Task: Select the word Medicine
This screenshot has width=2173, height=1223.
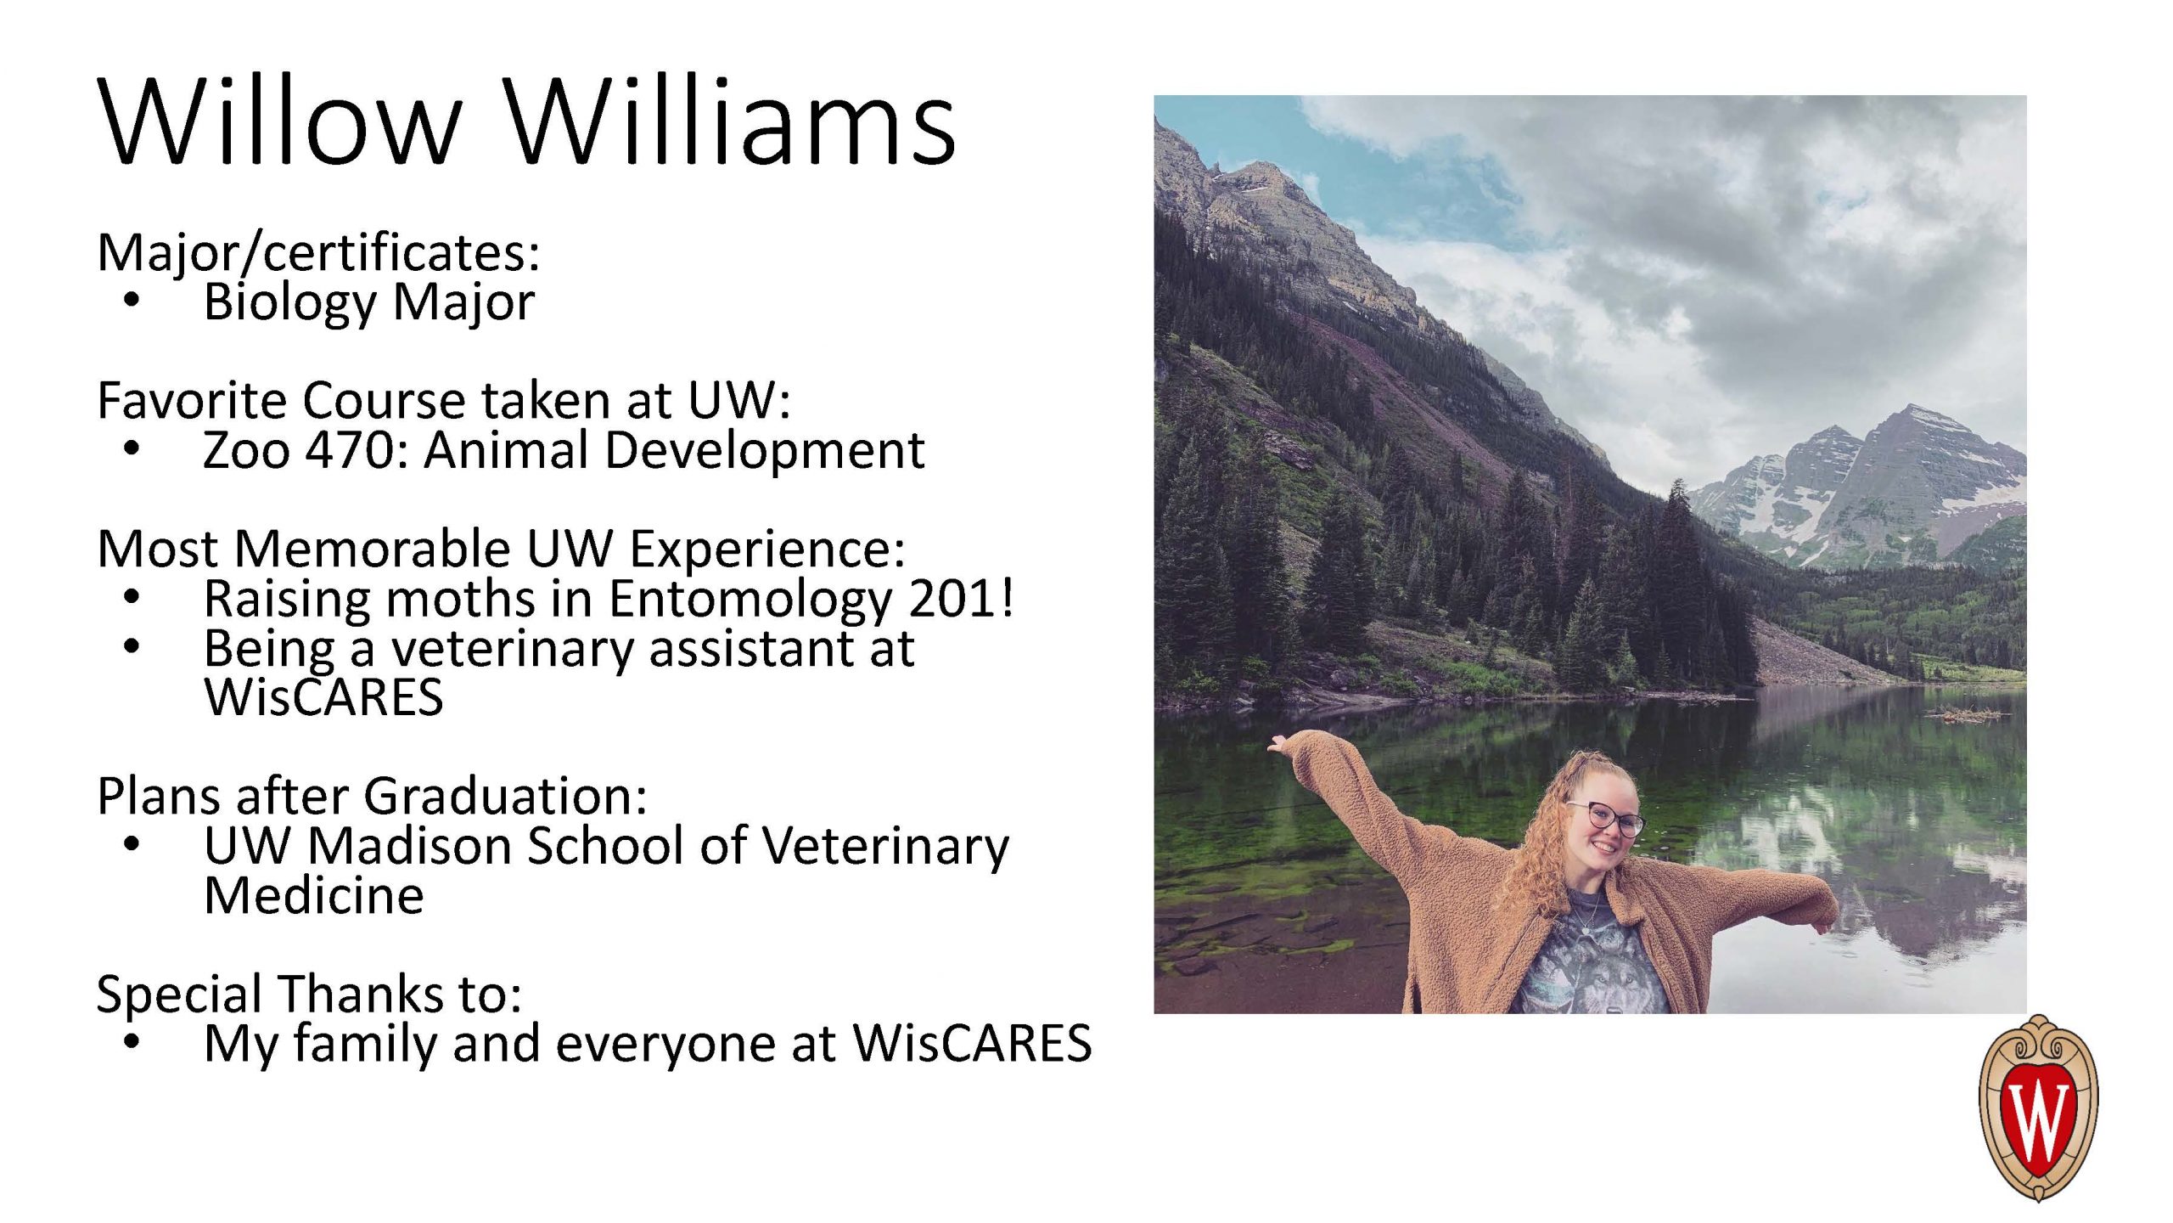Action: coord(314,895)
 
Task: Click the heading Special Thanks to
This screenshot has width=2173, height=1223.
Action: coord(309,995)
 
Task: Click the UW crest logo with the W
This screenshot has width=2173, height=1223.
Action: coord(2038,1107)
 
